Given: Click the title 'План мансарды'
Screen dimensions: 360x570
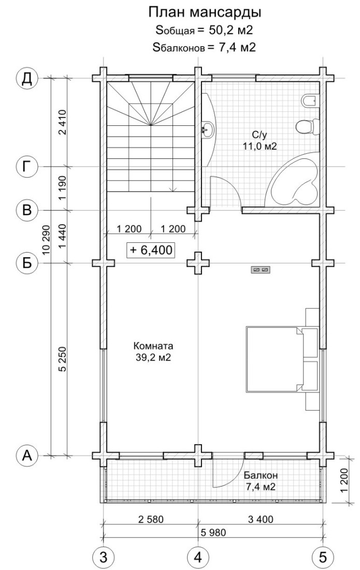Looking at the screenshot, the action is [205, 12].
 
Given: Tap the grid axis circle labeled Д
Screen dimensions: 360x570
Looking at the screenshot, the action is [27, 78].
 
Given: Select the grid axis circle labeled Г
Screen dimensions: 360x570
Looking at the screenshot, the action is [27, 167].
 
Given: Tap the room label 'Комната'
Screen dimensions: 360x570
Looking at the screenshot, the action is [153, 345].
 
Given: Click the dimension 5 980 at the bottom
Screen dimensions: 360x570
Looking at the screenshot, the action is [213, 533].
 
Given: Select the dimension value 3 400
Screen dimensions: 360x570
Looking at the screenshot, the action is [260, 519].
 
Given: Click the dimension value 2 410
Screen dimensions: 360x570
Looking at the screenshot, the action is [63, 122].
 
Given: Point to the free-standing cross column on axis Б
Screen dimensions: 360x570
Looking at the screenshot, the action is [198, 263].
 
